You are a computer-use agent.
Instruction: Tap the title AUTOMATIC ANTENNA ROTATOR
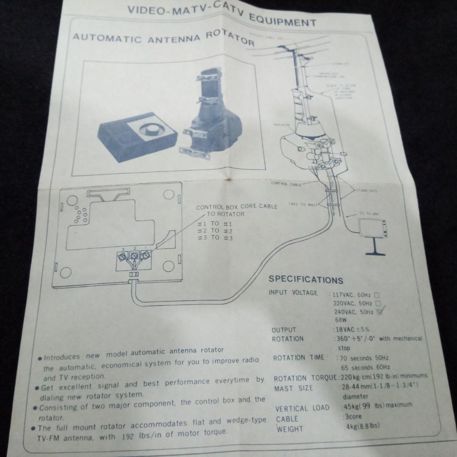(163, 37)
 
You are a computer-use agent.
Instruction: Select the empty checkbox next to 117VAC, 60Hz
(377, 295)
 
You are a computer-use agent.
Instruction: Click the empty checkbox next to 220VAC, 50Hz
(378, 303)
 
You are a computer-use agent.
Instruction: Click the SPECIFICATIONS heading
(306, 280)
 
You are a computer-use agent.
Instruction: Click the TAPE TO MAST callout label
(303, 204)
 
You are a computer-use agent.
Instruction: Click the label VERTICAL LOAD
(302, 408)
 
